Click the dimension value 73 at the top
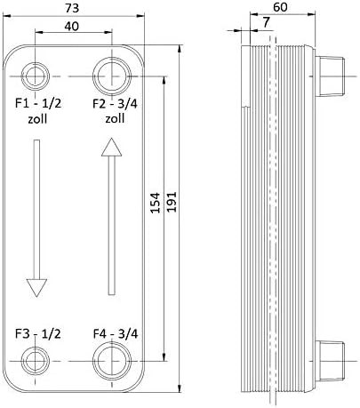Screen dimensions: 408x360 (x=74, y=9)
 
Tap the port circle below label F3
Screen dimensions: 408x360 (x=37, y=361)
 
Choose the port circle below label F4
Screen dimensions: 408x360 (x=110, y=361)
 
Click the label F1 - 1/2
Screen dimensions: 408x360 (x=37, y=105)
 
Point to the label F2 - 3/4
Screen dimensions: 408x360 (x=114, y=105)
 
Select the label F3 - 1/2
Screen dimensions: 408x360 (x=37, y=334)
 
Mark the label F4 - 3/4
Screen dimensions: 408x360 (x=114, y=334)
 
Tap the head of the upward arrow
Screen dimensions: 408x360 (x=110, y=148)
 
